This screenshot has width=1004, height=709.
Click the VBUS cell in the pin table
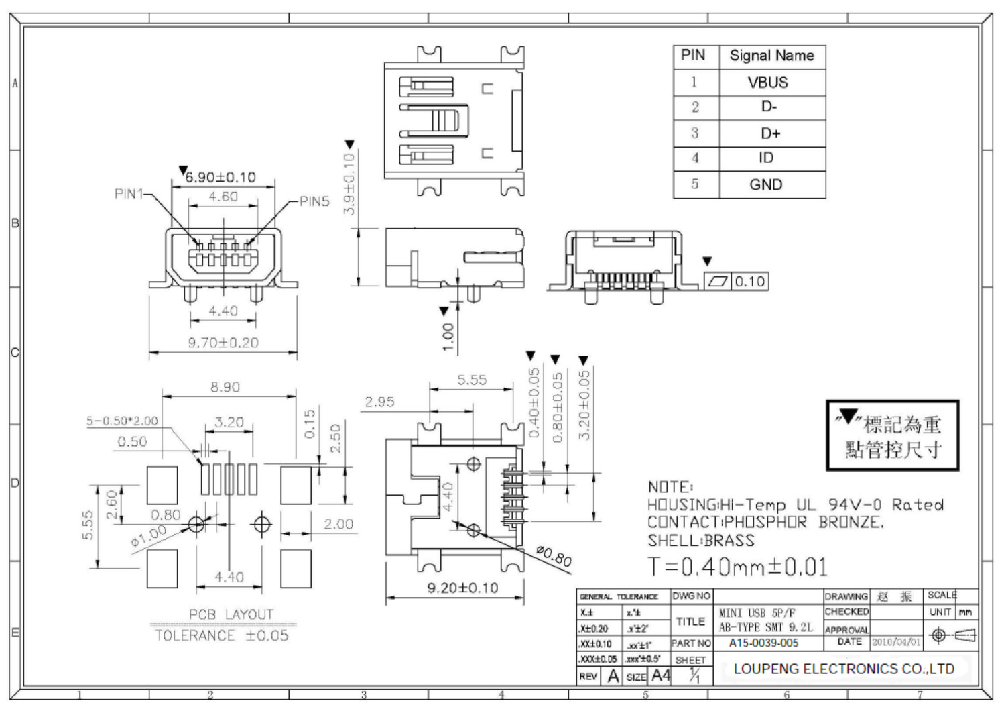(x=767, y=83)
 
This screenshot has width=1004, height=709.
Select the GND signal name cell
(x=765, y=184)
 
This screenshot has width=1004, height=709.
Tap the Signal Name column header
(x=771, y=56)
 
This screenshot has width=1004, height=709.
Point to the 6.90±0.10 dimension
(x=221, y=177)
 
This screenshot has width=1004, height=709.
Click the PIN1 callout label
(x=129, y=194)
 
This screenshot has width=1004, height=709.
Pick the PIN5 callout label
(x=314, y=201)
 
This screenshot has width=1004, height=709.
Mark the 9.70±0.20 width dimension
(x=223, y=343)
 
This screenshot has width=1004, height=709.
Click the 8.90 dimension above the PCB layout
(x=225, y=387)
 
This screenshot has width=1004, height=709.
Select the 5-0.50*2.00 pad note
(x=122, y=421)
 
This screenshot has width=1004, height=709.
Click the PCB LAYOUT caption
(x=231, y=614)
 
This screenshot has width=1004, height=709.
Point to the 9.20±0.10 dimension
(x=462, y=588)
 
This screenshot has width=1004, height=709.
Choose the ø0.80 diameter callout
(x=554, y=556)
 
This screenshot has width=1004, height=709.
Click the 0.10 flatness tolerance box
(x=749, y=282)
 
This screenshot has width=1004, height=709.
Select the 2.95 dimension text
(x=379, y=402)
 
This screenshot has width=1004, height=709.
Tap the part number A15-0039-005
(x=763, y=643)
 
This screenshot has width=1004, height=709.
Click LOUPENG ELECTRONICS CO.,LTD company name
(x=844, y=669)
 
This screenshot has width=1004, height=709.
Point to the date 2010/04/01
(x=895, y=642)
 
